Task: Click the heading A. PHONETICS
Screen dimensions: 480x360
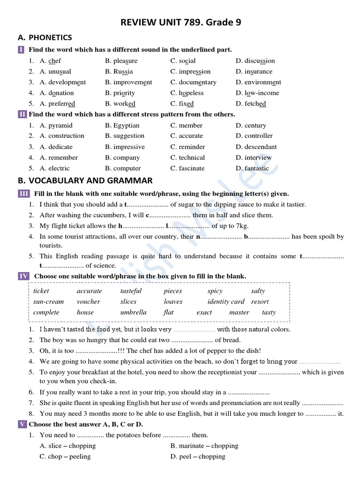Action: pyautogui.click(x=45, y=37)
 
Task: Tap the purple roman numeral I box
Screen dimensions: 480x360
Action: pyautogui.click(x=22, y=50)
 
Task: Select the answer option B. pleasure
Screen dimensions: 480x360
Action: pyautogui.click(x=121, y=61)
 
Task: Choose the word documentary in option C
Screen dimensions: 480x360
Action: pyautogui.click(x=197, y=82)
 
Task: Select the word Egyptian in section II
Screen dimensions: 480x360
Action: pyautogui.click(x=126, y=126)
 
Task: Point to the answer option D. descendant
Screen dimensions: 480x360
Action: pyautogui.click(x=256, y=147)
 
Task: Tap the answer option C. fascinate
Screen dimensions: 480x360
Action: pyautogui.click(x=187, y=168)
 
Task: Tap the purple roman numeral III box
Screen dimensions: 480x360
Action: pyautogui.click(x=24, y=194)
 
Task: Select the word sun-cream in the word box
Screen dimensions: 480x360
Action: pyautogui.click(x=48, y=302)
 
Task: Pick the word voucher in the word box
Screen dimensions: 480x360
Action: pyautogui.click(x=89, y=302)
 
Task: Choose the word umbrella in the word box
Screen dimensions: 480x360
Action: pyautogui.click(x=134, y=312)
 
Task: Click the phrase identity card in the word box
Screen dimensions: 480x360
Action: pyautogui.click(x=226, y=302)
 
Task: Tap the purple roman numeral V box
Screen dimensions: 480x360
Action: pyautogui.click(x=22, y=424)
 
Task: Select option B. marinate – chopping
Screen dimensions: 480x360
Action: pyautogui.click(x=204, y=446)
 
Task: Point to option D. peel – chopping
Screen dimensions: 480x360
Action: pyautogui.click(x=198, y=457)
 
